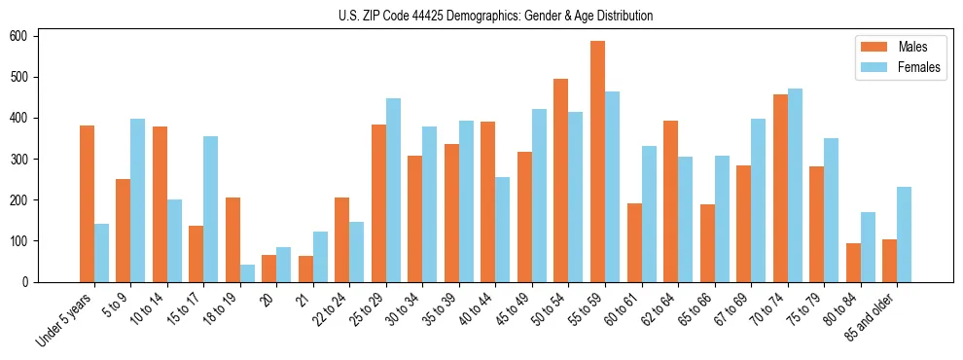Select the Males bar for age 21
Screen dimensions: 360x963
coord(305,269)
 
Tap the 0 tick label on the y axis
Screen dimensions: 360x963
coord(32,282)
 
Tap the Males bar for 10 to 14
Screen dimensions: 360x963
coord(160,203)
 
